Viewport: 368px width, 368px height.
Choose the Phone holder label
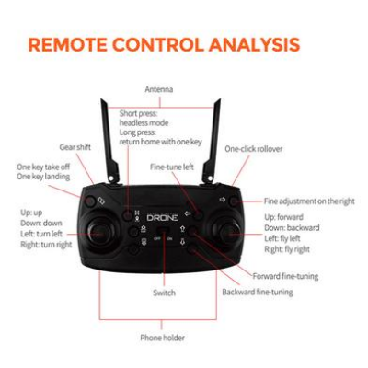click(x=162, y=338)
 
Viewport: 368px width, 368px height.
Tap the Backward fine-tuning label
click(x=258, y=293)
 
